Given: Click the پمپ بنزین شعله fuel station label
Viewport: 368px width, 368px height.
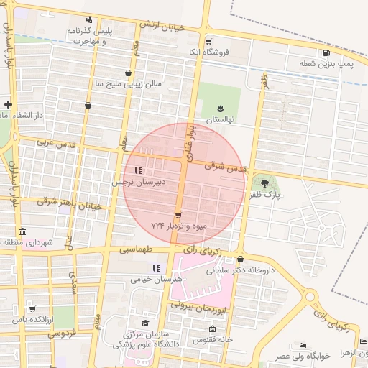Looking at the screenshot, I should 327,64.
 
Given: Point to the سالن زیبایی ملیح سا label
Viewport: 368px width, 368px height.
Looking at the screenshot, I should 124,83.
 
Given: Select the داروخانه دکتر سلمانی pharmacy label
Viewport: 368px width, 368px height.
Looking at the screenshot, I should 241,271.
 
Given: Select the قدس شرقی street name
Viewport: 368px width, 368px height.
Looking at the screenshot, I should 225,166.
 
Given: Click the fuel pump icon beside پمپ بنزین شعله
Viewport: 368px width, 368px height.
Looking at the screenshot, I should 327,52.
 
